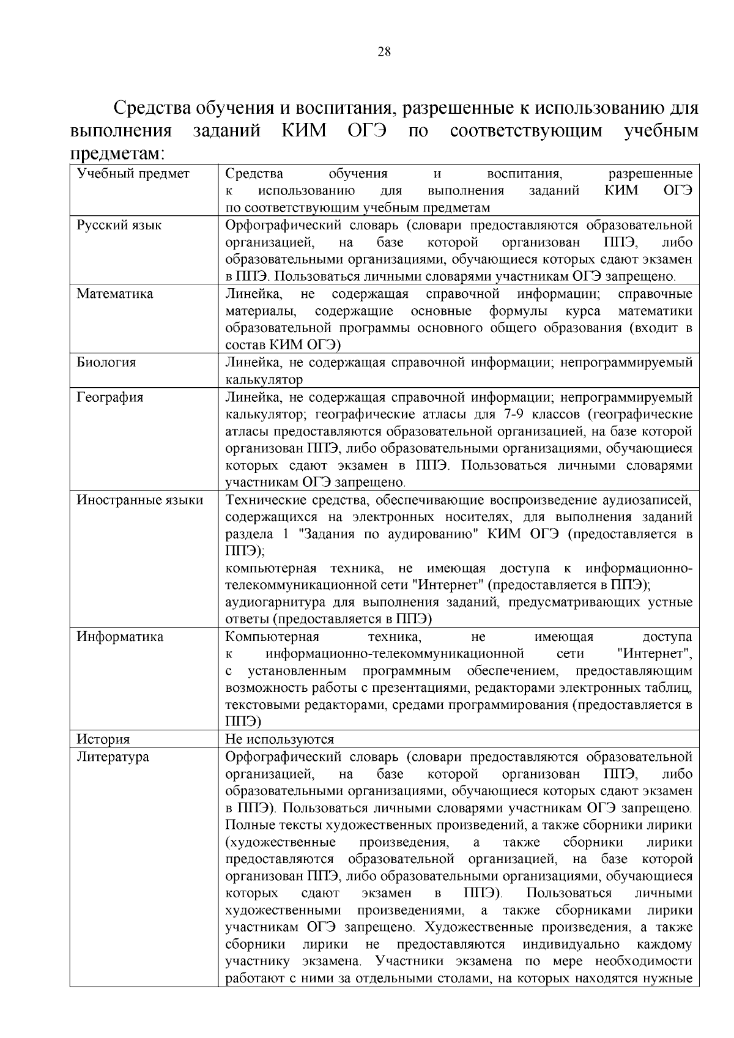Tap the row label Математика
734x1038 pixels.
click(114, 294)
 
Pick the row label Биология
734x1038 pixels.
click(106, 362)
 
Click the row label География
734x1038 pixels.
click(109, 397)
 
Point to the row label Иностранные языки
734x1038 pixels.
click(139, 500)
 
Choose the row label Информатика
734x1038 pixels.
click(120, 637)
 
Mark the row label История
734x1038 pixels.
click(103, 740)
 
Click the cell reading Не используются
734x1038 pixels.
click(280, 740)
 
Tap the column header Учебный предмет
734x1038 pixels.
click(133, 174)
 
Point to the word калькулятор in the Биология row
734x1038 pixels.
click(264, 380)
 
